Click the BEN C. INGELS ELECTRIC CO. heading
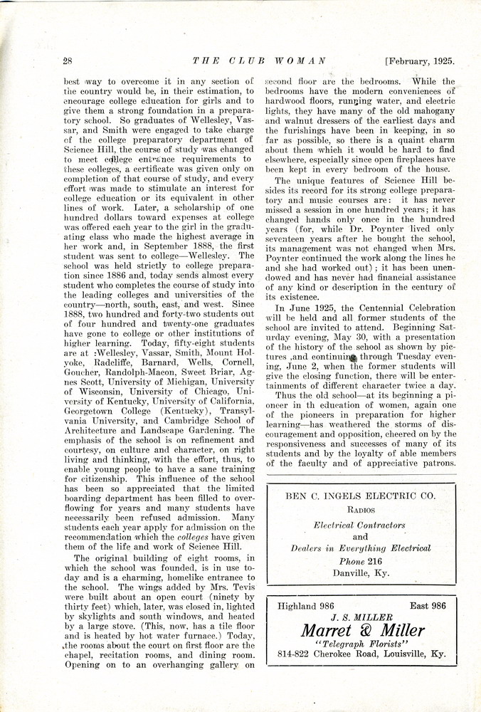(361, 495)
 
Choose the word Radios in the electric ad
(361, 511)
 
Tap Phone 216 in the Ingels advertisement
(361, 561)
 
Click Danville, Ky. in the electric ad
(361, 574)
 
